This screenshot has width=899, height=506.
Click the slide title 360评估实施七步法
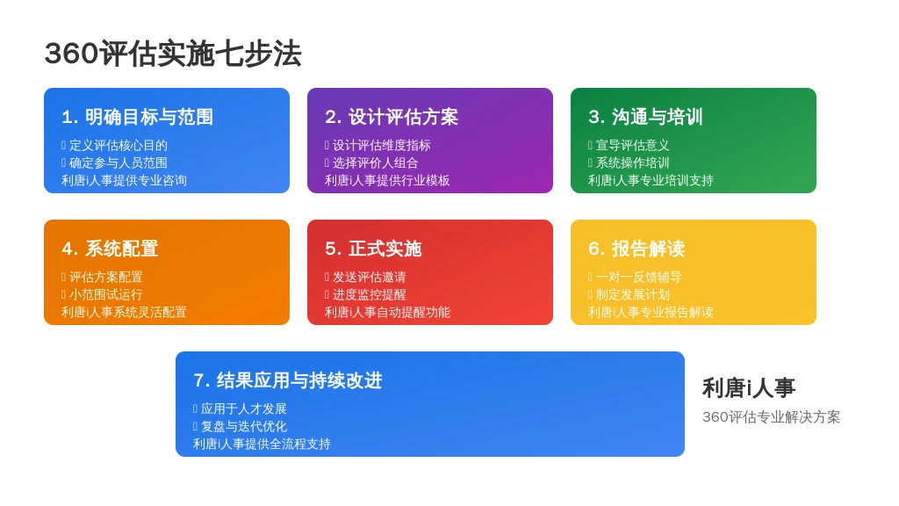pos(173,54)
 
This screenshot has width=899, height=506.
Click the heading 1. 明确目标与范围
pos(137,117)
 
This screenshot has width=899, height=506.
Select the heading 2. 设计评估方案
pos(392,117)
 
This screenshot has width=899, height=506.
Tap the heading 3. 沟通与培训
pos(645,117)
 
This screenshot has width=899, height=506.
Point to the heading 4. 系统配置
pos(110,249)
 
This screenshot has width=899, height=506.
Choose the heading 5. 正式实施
pos(373,249)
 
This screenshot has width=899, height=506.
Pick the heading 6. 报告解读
pos(636,249)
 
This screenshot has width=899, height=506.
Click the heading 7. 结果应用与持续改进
pos(288,380)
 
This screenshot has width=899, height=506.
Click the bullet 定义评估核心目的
pos(119,146)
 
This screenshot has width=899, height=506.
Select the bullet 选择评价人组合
pos(376,163)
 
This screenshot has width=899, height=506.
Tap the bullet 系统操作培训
pos(632,163)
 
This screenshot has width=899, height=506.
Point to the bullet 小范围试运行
pos(106,295)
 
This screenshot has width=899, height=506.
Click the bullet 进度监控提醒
pos(370,295)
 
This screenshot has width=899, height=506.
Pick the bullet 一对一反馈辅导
pos(639,277)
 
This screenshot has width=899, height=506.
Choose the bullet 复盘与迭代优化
pos(244,426)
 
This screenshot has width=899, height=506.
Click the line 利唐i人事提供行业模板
pos(387,181)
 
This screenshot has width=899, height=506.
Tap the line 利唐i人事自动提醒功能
pos(387,312)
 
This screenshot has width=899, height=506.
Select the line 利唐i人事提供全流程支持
pos(262,444)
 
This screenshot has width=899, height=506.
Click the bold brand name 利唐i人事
pos(749,388)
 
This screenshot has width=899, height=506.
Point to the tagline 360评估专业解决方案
pos(771,417)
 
